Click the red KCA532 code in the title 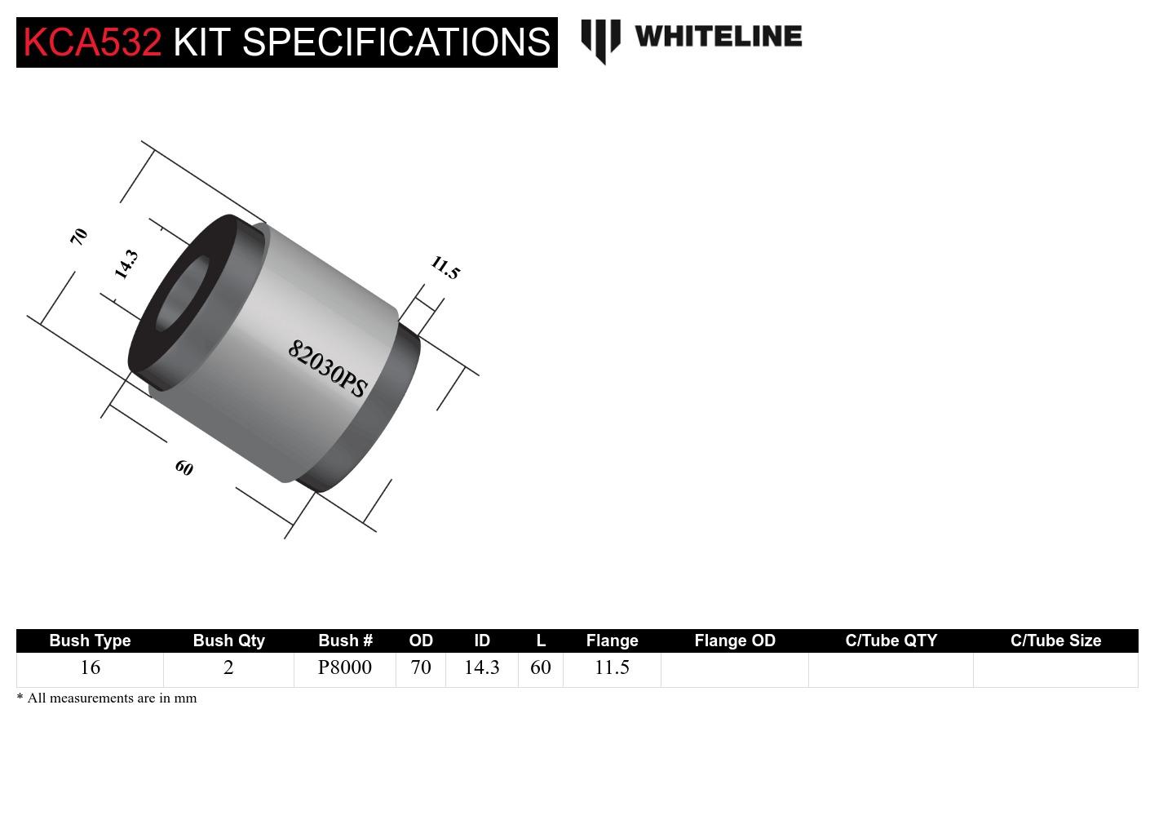92,42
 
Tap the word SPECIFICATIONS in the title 396,42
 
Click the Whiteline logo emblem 600,40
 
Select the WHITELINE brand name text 718,36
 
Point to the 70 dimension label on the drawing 78,237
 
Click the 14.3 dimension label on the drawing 126,264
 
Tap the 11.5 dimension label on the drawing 445,268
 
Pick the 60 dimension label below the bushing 184,468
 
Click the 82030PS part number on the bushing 327,369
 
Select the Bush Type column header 90,641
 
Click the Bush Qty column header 228,641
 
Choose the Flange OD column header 734,641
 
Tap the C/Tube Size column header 1055,641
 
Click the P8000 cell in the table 344,667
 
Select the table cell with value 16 90,667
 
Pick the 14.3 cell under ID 481,667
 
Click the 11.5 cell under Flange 612,667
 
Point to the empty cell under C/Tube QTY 891,669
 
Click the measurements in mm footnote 107,698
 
